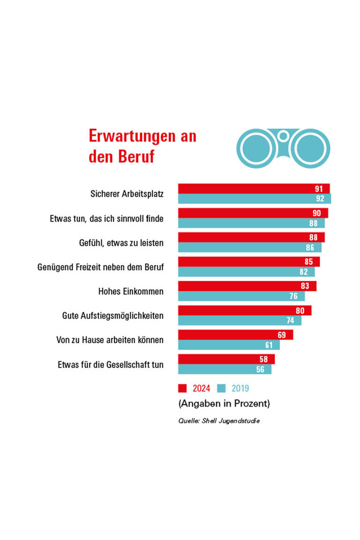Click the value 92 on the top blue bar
point(320,199)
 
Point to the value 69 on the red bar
point(282,335)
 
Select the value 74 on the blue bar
point(291,321)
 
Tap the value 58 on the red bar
point(264,359)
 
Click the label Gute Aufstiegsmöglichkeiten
point(112,315)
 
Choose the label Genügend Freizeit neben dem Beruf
point(100,267)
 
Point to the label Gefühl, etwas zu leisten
point(121,243)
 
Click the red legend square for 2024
point(182,388)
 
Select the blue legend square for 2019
point(222,388)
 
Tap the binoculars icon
point(283,148)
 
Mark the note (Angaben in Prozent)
point(224,403)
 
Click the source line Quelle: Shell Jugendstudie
point(219,421)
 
